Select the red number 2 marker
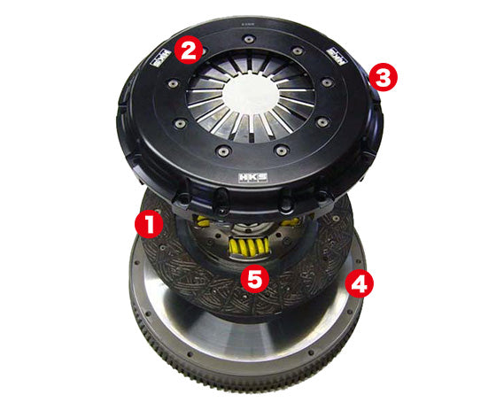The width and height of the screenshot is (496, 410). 188,50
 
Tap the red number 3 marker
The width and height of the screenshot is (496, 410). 384,76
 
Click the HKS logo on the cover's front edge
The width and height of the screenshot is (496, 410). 246,182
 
